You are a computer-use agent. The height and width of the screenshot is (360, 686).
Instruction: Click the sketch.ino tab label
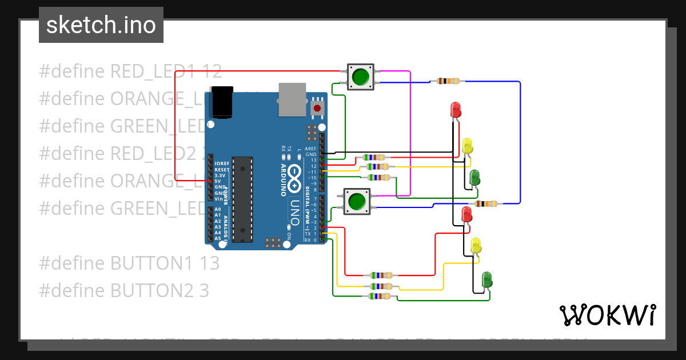coord(101,25)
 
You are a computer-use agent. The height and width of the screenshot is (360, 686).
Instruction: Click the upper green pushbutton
coord(360,77)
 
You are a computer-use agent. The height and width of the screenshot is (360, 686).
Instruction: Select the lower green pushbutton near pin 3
coord(357,202)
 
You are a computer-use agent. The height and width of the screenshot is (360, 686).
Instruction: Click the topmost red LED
coord(456,110)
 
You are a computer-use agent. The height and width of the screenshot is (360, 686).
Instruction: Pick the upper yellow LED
coord(468,146)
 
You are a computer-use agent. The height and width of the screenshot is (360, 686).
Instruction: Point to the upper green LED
coord(474,178)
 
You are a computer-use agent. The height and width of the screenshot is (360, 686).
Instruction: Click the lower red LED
coord(466,215)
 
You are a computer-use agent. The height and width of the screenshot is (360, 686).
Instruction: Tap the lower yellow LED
coord(476,246)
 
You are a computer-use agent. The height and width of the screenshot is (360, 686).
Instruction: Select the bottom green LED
coord(486,279)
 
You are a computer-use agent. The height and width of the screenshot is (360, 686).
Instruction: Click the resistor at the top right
coord(448,81)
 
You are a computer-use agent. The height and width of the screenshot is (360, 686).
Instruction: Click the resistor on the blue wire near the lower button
coord(486,203)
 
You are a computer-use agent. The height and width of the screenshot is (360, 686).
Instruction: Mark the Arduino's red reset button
coord(317,107)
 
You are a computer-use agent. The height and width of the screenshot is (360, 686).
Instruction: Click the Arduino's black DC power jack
coord(222,102)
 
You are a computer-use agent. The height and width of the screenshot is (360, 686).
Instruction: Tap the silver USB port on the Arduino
coord(292,98)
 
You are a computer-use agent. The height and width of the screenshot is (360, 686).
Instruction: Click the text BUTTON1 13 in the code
coord(129,263)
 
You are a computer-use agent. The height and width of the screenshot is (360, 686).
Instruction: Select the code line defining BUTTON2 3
coord(124,291)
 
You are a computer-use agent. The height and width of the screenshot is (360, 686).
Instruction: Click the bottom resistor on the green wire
coord(380,296)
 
